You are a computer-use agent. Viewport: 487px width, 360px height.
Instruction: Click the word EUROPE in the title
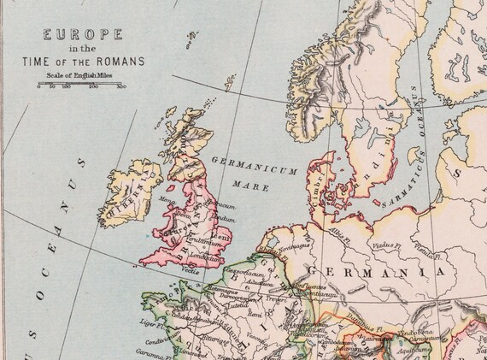(x=82, y=35)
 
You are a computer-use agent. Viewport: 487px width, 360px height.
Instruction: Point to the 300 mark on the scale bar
(x=120, y=87)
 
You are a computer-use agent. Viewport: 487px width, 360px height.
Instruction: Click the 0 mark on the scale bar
(x=39, y=87)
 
